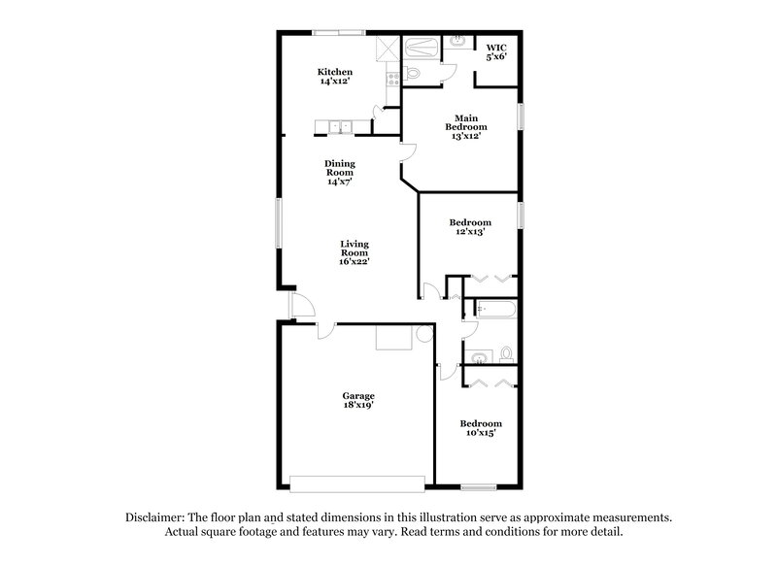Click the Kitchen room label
click(335, 72)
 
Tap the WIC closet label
click(496, 47)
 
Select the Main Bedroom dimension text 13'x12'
click(466, 136)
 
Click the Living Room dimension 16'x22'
click(355, 260)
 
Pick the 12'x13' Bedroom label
click(468, 222)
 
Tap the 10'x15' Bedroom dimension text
click(481, 433)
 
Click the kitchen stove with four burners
click(393, 78)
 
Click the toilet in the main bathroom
click(412, 73)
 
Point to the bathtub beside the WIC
click(422, 46)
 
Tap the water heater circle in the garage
click(424, 334)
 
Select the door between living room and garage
click(328, 330)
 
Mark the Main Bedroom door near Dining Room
click(409, 150)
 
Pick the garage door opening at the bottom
click(356, 482)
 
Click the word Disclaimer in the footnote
click(155, 518)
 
